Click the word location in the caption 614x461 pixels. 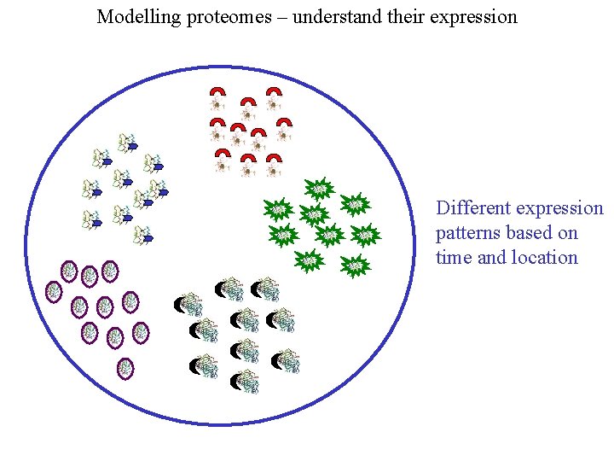(545, 258)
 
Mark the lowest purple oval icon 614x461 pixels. (125, 369)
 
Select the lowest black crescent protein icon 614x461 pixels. (246, 381)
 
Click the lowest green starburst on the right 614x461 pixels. (356, 266)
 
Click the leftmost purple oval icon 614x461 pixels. (53, 291)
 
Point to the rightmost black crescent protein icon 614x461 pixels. (287, 361)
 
